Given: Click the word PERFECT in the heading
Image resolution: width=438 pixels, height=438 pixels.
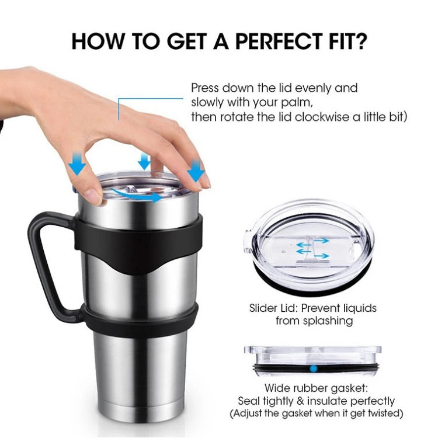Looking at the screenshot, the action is (279, 41).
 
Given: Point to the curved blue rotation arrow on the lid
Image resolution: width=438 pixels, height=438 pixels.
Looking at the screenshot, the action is (137, 195).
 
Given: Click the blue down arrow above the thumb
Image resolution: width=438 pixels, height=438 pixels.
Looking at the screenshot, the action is (77, 164).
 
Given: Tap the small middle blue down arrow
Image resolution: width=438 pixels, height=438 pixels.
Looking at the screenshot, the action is (144, 161).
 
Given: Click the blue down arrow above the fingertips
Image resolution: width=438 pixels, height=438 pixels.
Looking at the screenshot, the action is (196, 170).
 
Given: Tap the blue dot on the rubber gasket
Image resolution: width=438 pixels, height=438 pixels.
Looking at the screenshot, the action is (314, 369).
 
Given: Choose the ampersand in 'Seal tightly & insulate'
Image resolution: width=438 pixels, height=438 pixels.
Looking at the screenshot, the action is (300, 401).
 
